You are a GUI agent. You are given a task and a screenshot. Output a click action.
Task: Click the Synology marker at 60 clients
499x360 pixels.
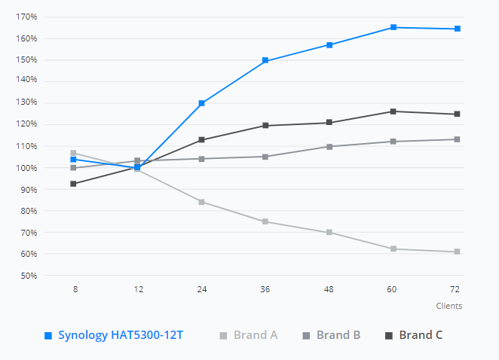coord(393,27)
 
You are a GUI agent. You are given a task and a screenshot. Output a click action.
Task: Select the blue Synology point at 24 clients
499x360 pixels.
coord(201,103)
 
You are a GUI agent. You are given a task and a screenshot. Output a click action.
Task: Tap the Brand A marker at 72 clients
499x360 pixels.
coord(457,252)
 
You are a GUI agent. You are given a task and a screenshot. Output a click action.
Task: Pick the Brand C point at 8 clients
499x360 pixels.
coord(73,184)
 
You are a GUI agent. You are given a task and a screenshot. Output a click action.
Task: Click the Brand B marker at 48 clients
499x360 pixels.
coord(329,147)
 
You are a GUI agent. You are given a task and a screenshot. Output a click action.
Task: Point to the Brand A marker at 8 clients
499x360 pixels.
coord(73,153)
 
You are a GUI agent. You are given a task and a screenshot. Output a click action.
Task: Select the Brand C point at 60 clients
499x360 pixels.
coord(393,111)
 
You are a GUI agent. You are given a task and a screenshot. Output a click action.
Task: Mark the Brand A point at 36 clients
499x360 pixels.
coord(265,221)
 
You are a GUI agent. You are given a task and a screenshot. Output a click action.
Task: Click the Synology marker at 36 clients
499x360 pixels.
coord(265,60)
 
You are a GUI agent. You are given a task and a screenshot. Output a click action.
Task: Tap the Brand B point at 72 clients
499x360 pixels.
coord(457,139)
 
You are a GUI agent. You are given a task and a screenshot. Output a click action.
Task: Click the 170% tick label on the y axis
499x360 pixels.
coord(26,17)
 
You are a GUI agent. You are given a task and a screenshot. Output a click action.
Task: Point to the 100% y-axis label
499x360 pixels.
coord(26,168)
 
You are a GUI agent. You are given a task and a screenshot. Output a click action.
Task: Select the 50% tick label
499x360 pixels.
coord(29,276)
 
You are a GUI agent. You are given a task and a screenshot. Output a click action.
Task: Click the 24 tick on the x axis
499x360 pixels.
coord(202,289)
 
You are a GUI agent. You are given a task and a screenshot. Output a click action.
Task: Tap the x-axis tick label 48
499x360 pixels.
coord(329,289)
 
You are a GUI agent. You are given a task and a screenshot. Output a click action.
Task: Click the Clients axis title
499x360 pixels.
coord(449,306)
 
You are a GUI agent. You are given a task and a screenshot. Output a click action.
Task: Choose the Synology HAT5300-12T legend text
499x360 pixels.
coord(121,335)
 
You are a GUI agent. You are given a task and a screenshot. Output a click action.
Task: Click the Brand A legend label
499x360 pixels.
coord(256,335)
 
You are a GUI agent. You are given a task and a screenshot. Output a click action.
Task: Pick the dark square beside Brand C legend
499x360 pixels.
coord(389,335)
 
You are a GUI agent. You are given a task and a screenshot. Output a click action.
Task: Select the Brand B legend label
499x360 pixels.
coord(338,335)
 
